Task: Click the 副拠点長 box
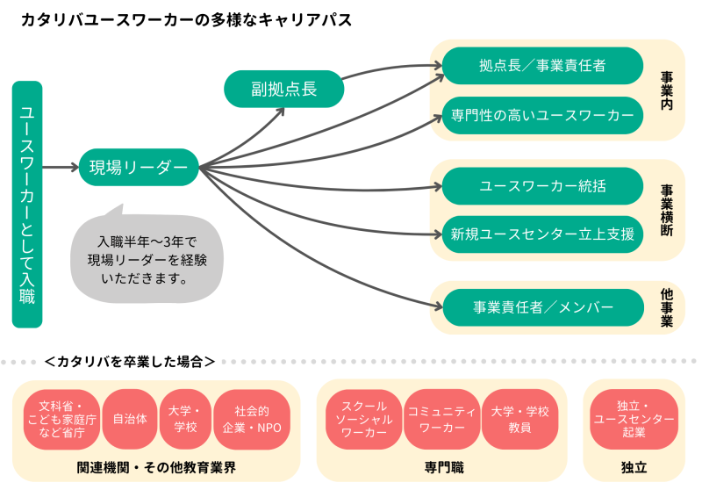click(x=283, y=89)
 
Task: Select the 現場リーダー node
click(x=139, y=167)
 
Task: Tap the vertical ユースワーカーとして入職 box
click(x=27, y=204)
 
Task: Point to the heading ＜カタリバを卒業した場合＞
click(x=129, y=361)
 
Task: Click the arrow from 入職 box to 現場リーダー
click(x=60, y=167)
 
